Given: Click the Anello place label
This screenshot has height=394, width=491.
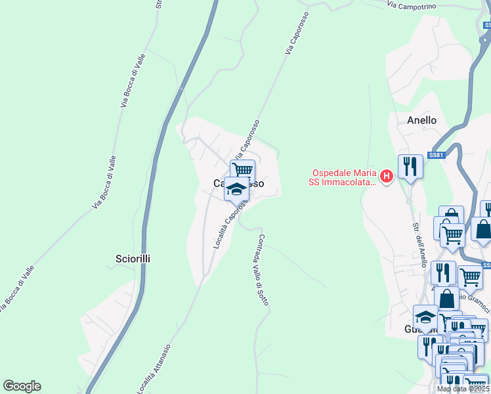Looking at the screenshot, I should point(421,120).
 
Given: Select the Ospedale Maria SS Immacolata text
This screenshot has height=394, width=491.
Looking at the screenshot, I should point(343,178).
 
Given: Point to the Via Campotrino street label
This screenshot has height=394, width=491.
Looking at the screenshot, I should point(412,5).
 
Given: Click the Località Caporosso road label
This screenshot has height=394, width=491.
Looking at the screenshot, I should point(229,224).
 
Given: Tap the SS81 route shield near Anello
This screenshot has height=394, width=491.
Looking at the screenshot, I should point(437,155).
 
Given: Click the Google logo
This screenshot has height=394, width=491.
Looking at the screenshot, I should point(22,386).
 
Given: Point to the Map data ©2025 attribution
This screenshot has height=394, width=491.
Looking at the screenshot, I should point(463,389).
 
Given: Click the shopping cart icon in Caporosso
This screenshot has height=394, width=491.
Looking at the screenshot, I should point(242,169).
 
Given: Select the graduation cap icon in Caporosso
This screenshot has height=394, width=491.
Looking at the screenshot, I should point(236,188).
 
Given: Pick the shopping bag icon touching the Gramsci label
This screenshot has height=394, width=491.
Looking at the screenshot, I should point(446,299).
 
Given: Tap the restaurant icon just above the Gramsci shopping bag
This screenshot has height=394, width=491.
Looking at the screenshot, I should point(443,271).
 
